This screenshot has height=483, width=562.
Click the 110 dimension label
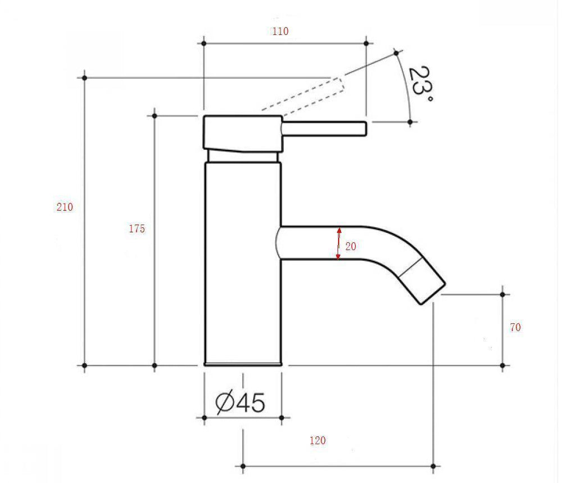(280, 31)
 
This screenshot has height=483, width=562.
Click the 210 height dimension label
(65, 207)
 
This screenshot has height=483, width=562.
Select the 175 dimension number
(137, 228)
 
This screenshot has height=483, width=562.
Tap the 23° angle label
(421, 84)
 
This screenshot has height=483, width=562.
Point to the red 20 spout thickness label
(351, 246)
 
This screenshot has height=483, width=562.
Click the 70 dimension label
(515, 327)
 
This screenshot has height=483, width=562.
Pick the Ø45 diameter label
(240, 403)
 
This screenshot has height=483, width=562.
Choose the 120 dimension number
(318, 440)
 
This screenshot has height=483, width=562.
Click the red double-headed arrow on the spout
(338, 243)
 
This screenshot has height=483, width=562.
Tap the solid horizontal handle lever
(324, 129)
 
